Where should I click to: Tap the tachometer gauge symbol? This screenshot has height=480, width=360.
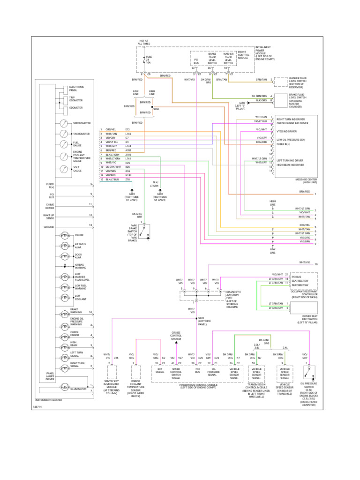(x=63, y=134)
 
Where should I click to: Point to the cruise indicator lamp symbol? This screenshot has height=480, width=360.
(x=63, y=235)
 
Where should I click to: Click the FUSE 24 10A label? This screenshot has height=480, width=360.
(x=149, y=59)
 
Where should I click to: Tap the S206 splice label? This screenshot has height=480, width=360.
(x=156, y=109)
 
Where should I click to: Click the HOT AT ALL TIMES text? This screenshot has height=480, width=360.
(x=143, y=43)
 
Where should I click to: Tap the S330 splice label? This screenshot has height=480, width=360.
(x=202, y=320)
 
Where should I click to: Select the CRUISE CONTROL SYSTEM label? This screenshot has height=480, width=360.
(x=176, y=336)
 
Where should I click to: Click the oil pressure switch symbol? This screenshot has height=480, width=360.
(x=308, y=372)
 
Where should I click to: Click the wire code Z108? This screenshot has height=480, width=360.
(x=128, y=154)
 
